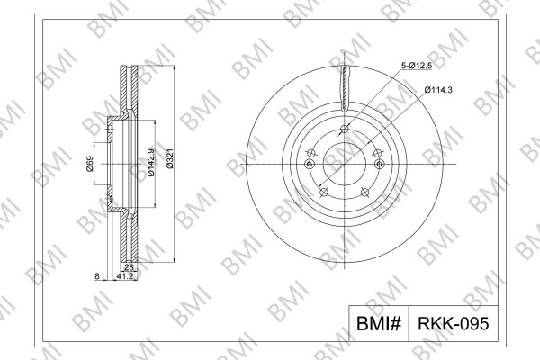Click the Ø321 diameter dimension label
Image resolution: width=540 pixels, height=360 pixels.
coord(170,158)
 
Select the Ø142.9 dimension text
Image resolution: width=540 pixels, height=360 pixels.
coord(151,163)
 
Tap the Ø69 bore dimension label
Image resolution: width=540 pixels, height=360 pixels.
coord(89,164)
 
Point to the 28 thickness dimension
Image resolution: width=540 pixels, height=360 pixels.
coord(129,267)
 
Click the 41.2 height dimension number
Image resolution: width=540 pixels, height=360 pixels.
coord(125,276)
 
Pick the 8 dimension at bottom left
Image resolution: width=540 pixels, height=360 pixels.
coord(97,276)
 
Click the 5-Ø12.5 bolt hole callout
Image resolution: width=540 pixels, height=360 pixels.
coord(417,66)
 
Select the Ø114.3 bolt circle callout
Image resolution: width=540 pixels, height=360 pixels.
coord(438,90)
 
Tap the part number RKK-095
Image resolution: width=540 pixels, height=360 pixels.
coord(454,323)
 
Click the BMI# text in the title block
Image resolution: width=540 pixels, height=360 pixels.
coord(379,323)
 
